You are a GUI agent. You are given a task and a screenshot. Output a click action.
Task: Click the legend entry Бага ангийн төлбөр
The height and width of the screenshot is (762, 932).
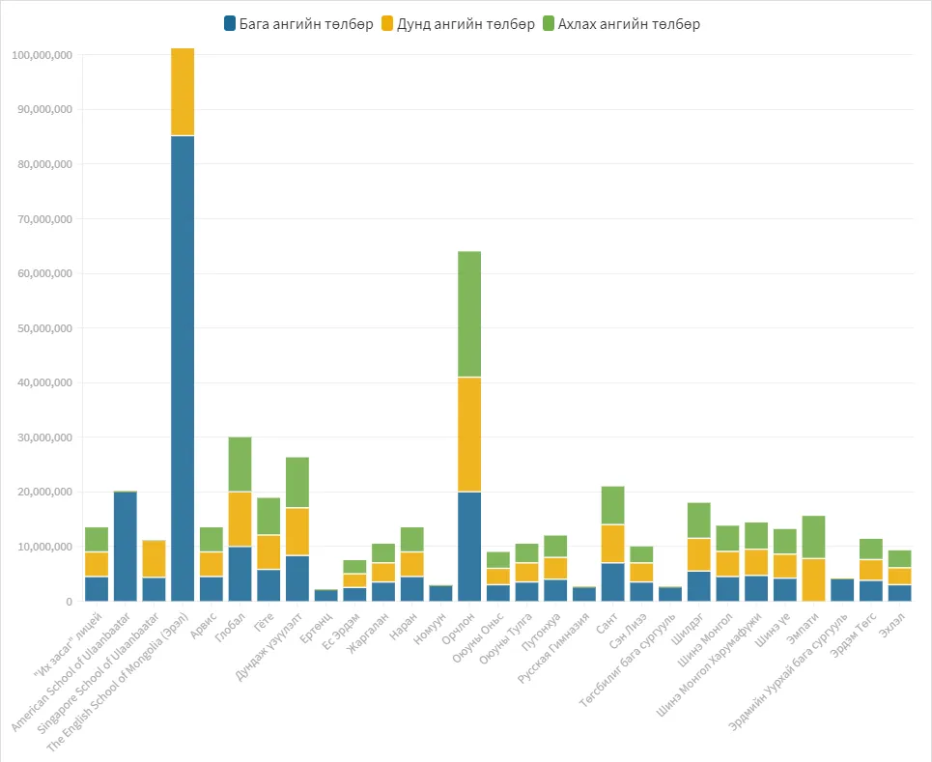pyautogui.click(x=298, y=24)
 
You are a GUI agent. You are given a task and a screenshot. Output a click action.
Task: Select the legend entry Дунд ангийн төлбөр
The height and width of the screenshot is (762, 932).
pyautogui.click(x=458, y=24)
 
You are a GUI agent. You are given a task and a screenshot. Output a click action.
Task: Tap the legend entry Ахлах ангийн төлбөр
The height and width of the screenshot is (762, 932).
pyautogui.click(x=621, y=24)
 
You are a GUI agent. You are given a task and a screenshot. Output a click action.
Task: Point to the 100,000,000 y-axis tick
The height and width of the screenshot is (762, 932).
pyautogui.click(x=42, y=55)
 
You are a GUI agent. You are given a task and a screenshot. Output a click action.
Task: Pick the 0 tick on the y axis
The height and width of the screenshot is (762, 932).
pyautogui.click(x=70, y=602)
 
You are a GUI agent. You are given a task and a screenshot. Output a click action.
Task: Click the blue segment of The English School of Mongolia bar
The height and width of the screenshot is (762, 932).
pyautogui.click(x=183, y=369)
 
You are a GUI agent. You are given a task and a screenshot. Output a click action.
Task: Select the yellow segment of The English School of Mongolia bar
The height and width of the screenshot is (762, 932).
pyautogui.click(x=183, y=92)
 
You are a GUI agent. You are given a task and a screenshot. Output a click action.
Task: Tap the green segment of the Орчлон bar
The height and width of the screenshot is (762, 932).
pyautogui.click(x=469, y=315)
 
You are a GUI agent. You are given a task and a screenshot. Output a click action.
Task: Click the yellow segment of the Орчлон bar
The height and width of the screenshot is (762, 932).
pyautogui.click(x=469, y=435)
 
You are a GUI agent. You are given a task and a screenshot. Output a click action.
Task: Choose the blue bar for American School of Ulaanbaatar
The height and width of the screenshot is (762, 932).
pyautogui.click(x=126, y=547)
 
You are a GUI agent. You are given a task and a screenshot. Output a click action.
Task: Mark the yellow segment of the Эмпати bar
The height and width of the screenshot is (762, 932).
pyautogui.click(x=814, y=580)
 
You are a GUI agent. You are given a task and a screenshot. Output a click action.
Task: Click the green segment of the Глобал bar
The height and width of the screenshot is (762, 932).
pyautogui.click(x=240, y=465)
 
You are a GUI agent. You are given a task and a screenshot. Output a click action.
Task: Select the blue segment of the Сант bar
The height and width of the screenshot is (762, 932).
pyautogui.click(x=613, y=582)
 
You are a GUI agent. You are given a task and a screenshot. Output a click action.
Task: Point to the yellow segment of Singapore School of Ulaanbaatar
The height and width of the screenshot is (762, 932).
pyautogui.click(x=154, y=559)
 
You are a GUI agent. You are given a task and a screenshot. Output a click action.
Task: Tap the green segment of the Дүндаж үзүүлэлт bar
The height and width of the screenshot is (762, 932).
pyautogui.click(x=297, y=483)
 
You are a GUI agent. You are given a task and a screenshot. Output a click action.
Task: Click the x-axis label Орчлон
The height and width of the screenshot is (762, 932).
pyautogui.click(x=458, y=630)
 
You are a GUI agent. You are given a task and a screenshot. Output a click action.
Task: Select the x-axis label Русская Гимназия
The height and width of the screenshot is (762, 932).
pyautogui.click(x=553, y=648)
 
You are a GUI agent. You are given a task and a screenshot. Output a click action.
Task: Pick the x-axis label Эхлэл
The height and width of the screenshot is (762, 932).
pyautogui.click(x=892, y=625)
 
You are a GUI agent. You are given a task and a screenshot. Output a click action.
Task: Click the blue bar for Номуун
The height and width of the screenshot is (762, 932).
pyautogui.click(x=441, y=594)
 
